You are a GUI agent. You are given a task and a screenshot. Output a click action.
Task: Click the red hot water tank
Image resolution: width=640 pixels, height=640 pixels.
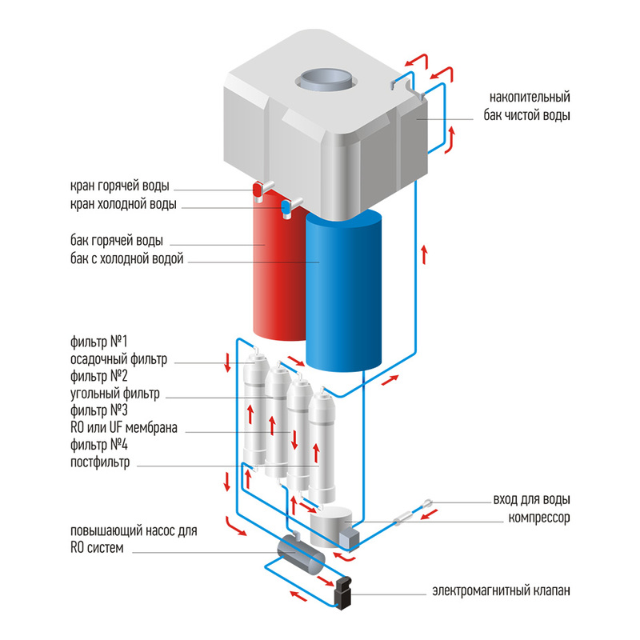point(277,272)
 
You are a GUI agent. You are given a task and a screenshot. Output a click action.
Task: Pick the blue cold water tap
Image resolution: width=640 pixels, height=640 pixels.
point(286,209)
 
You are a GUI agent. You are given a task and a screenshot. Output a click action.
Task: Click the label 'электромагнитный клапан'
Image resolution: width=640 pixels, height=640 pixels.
point(502,593)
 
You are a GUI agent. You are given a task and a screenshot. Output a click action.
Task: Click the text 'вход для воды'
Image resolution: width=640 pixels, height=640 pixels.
point(531,501)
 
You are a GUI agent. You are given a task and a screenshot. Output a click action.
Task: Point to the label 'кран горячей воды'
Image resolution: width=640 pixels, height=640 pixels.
point(119,187)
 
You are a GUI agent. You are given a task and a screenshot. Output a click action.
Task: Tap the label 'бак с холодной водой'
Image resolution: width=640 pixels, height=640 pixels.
point(127,258)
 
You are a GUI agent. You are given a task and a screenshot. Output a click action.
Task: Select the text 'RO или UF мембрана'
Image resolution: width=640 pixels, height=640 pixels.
point(124,429)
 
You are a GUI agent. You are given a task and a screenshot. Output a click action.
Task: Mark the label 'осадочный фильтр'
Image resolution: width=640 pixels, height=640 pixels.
point(119,359)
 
